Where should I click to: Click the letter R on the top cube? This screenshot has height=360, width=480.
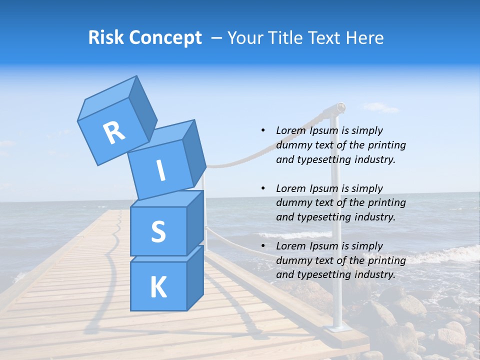click(114, 133)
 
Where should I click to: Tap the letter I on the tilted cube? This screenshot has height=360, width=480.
click(160, 171)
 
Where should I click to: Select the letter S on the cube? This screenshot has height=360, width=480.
click(158, 232)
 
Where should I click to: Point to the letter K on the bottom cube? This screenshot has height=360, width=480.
click(158, 287)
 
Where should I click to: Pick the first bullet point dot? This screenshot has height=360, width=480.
click(262, 130)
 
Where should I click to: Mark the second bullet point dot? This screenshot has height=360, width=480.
click(262, 188)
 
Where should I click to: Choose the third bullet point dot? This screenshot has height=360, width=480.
click(262, 246)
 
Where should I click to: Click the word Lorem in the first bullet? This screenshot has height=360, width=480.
click(290, 130)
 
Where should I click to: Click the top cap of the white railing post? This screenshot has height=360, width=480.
click(340, 106)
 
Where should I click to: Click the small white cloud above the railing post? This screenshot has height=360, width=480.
click(380, 107)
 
